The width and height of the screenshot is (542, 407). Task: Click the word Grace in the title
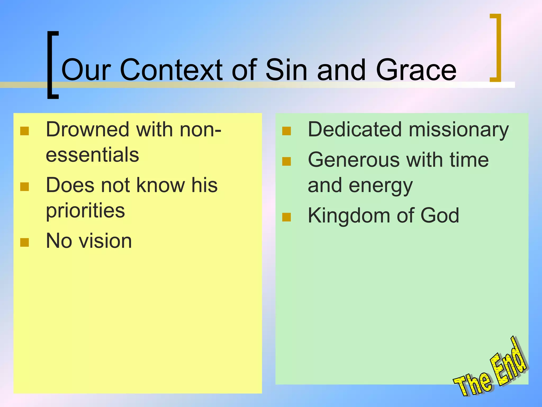(x=416, y=70)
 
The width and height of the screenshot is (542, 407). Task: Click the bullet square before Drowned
(x=25, y=131)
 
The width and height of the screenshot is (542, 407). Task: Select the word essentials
(x=92, y=155)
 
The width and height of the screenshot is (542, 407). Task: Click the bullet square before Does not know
(x=25, y=187)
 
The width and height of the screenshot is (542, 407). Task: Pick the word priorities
(x=85, y=211)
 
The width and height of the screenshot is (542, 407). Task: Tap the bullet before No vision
(x=25, y=242)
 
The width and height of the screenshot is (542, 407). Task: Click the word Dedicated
(x=355, y=130)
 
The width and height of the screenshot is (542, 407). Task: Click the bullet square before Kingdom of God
(x=287, y=217)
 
